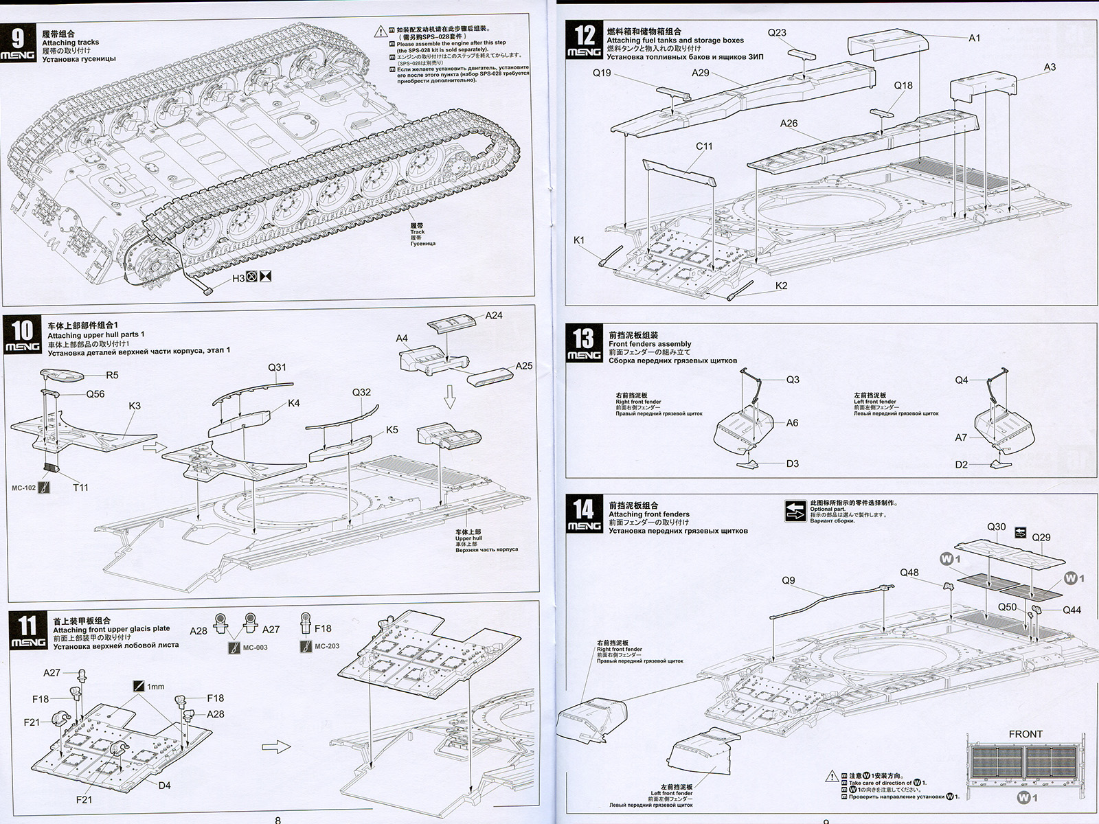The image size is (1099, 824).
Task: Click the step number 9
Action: coord(18,38)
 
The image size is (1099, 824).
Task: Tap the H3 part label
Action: coord(238,277)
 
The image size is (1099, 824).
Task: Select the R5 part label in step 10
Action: coord(112,375)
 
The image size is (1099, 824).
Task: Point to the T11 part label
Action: coord(80,488)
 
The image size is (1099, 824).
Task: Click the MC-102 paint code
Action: coord(24,488)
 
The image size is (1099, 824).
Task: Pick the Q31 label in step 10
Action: coord(277,367)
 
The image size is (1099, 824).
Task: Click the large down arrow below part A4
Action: coord(450,396)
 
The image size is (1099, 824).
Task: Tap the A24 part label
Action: coord(494,315)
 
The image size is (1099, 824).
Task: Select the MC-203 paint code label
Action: coord(328,646)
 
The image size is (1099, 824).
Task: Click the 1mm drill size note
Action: coord(156,686)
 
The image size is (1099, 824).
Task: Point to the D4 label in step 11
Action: coord(164,786)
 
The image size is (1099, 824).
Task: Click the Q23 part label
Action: coord(777,32)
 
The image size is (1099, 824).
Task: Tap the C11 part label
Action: coord(704,146)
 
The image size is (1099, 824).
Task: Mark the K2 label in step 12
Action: coord(781,286)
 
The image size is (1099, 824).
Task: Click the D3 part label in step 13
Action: coord(793,463)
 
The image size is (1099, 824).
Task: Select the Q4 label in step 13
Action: coord(962,380)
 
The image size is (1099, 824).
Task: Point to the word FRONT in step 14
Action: coord(1026,734)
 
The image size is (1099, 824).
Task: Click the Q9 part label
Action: coord(789,580)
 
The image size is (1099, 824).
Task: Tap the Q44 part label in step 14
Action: coord(1072,610)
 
